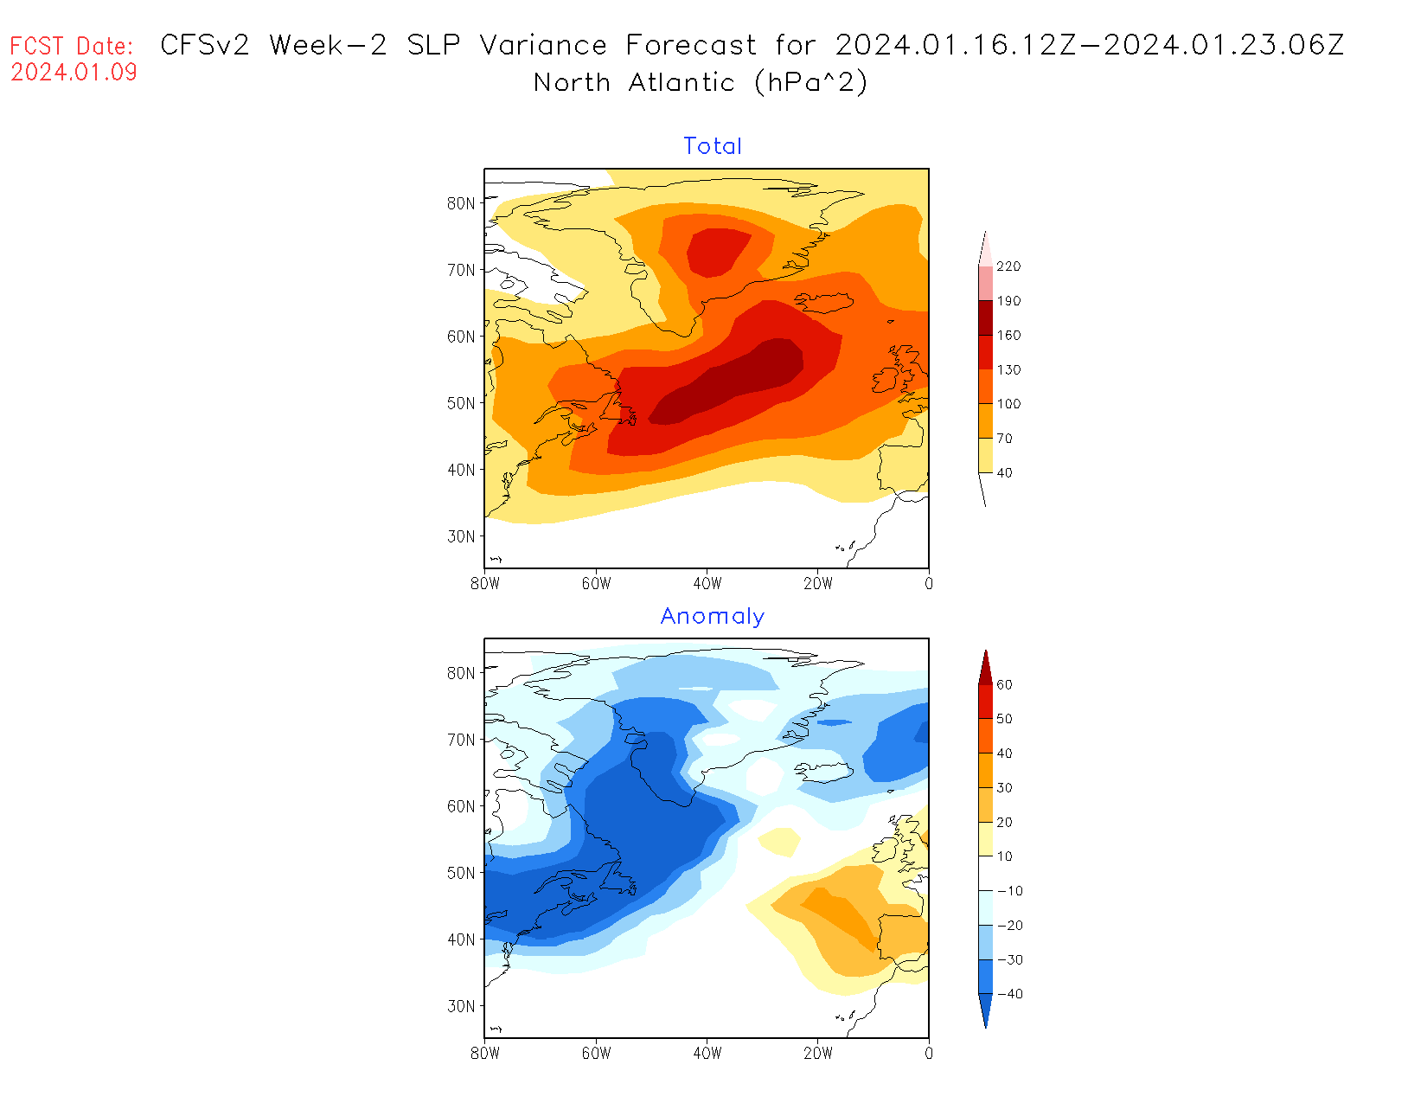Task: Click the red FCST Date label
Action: (72, 46)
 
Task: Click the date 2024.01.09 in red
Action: (74, 72)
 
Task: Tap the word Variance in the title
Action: (543, 45)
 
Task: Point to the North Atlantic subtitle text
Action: (634, 82)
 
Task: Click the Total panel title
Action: (713, 146)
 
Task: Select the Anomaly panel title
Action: (713, 616)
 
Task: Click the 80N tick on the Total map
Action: (461, 203)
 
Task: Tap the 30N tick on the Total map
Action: (461, 536)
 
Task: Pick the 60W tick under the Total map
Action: (596, 584)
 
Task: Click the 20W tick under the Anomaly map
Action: (818, 1054)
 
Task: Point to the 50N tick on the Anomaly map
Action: (461, 873)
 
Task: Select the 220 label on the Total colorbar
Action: (1008, 266)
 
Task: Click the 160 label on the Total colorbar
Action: (1008, 336)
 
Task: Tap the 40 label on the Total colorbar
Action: (1004, 473)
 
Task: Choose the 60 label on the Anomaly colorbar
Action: (1004, 685)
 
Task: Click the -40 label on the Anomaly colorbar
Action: (1009, 994)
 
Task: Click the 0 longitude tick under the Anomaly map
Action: (929, 1054)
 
